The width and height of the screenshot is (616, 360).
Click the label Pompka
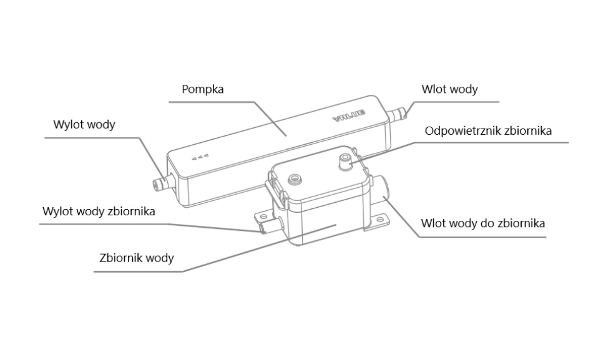[x=202, y=89]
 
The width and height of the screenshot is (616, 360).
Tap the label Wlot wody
[x=449, y=89]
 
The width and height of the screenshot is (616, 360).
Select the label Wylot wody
[x=84, y=125]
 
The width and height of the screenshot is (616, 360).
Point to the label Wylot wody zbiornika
[x=99, y=211]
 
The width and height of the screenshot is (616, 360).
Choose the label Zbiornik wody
[x=137, y=258]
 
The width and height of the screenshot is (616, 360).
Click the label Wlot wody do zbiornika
[x=483, y=223]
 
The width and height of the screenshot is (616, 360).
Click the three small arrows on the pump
[x=201, y=157]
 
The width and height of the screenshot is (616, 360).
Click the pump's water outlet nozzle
[x=161, y=183]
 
